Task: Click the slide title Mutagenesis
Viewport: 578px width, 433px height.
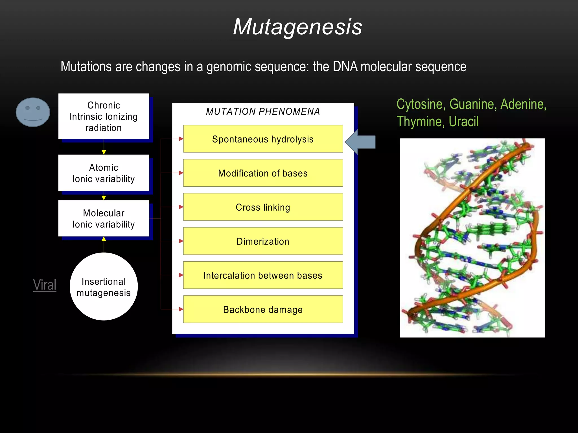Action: (297, 27)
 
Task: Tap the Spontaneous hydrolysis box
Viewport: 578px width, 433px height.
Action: (263, 139)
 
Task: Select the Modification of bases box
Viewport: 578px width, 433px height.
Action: (263, 173)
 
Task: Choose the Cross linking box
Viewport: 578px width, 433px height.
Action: (263, 207)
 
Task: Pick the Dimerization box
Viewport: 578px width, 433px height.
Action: (263, 241)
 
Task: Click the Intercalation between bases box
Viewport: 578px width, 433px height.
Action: (263, 275)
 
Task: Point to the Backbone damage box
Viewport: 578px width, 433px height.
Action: (263, 310)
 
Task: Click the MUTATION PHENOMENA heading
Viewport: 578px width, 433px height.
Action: (263, 112)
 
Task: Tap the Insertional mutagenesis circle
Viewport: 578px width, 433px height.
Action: (104, 287)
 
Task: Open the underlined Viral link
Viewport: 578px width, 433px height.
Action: (45, 285)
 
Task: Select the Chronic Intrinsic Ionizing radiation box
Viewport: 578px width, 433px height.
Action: (104, 116)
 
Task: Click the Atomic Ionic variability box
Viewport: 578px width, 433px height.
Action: (104, 173)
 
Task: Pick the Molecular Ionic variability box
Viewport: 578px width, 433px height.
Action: (104, 218)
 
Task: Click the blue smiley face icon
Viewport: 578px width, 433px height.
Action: (33, 112)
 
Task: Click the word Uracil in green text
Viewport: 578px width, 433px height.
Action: (463, 122)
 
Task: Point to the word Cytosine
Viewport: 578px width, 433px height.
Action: (421, 104)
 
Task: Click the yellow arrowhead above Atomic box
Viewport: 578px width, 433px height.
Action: (104, 152)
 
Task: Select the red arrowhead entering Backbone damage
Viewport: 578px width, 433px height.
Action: (181, 309)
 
